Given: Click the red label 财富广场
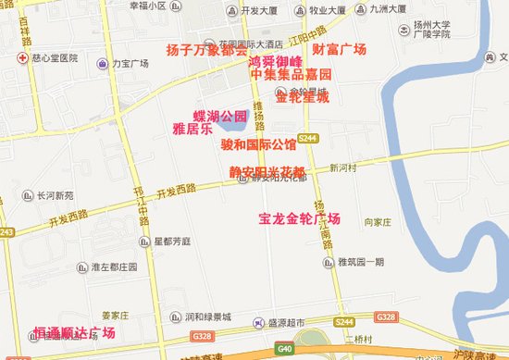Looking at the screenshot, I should [x=340, y=49].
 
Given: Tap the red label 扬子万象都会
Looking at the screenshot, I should [x=205, y=49].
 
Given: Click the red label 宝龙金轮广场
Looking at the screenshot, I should [x=300, y=219].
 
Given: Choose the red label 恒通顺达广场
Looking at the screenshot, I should [x=74, y=332].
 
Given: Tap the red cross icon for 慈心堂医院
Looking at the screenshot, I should [x=21, y=57].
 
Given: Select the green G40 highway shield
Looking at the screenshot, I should [x=284, y=350].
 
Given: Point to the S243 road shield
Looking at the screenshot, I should [x=6, y=232].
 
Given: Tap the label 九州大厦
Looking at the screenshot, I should [x=388, y=10].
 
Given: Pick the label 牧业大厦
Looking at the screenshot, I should [x=327, y=10].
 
